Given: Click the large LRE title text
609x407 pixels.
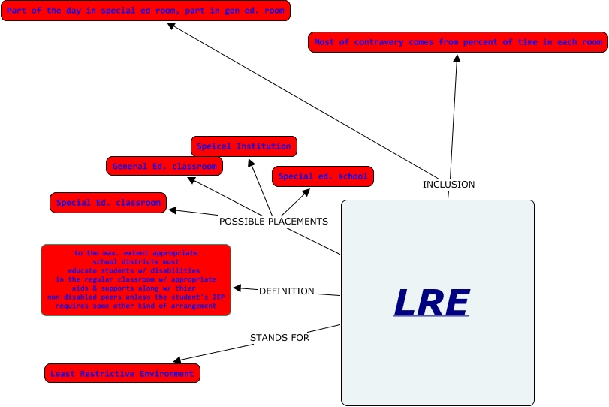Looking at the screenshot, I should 431,303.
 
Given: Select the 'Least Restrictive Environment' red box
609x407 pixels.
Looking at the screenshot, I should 122,373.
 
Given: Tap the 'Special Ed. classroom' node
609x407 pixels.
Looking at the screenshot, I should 108,203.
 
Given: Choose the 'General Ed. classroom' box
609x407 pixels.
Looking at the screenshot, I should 164,166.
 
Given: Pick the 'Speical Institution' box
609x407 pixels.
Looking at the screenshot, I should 244,146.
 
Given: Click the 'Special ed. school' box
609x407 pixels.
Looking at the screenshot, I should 323,176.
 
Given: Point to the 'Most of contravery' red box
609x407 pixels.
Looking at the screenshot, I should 457,42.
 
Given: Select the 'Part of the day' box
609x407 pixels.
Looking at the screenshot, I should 146,11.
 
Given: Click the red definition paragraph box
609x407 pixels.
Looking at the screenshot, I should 135,279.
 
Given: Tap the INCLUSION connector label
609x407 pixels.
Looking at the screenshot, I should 448,184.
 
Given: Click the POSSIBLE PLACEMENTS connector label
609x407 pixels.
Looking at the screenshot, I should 273,222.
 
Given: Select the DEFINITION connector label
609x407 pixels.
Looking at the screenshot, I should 286,291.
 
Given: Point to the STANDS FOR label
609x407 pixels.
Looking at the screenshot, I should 279,338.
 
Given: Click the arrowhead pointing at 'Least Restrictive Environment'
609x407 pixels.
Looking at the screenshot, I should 177,361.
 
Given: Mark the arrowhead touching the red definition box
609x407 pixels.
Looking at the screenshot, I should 237,288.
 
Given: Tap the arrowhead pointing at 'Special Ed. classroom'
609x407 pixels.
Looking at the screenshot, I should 172,211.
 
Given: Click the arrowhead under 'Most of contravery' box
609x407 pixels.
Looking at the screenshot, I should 456,59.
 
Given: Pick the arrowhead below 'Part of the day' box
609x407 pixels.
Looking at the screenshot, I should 171,26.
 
